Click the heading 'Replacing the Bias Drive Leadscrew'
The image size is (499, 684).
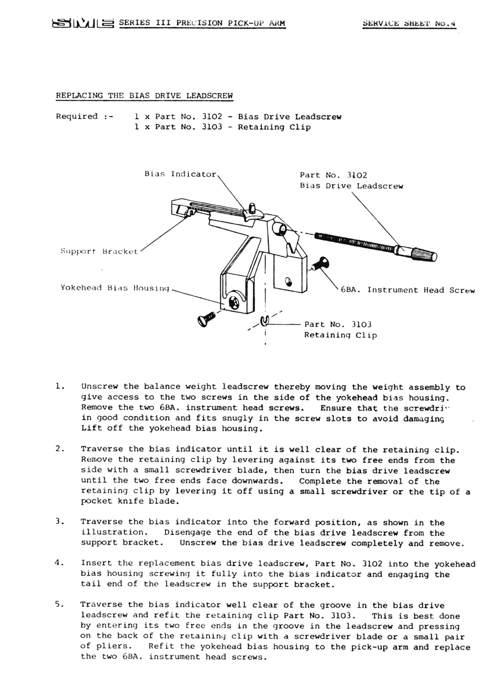coord(144,96)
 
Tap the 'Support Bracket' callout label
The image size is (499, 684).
coord(99,251)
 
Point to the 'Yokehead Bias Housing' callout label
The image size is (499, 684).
coord(115,287)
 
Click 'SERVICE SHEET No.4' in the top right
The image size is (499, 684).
coord(409,23)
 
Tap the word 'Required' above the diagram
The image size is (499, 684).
coord(77,116)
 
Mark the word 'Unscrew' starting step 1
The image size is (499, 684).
coord(99,387)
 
